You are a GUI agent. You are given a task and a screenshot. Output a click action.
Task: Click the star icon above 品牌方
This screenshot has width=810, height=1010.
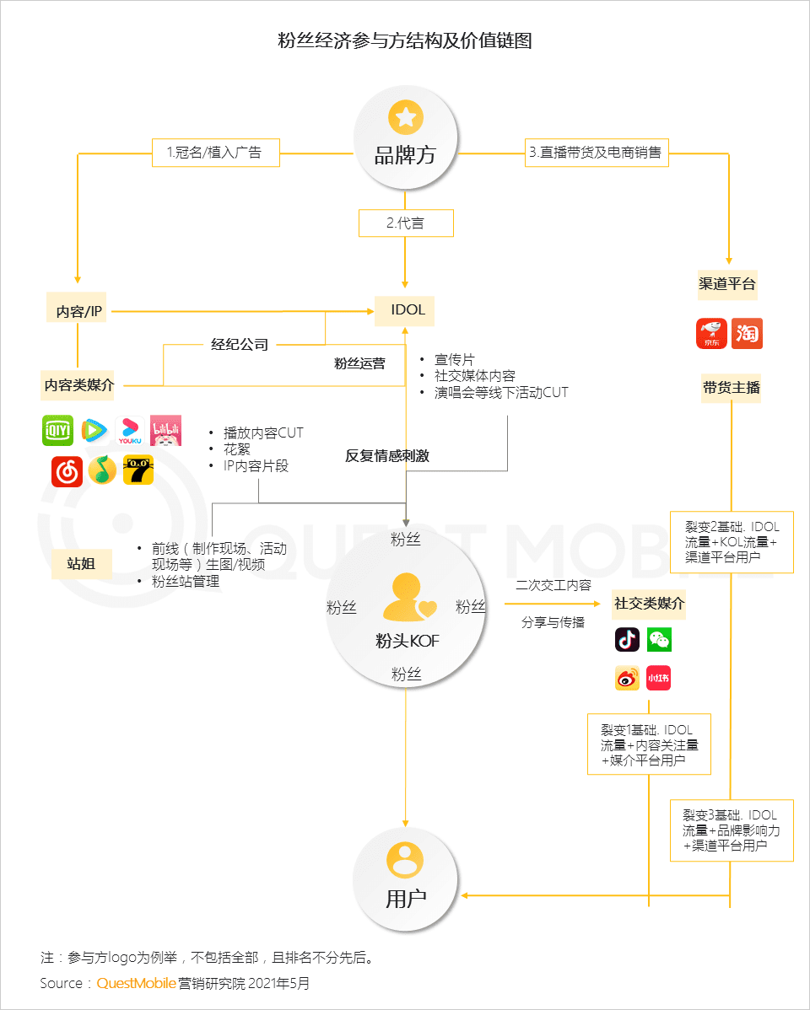405,117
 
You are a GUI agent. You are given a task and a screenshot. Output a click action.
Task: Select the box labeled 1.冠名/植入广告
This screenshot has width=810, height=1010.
214,153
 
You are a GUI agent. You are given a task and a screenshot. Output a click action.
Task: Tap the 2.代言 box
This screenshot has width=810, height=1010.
406,223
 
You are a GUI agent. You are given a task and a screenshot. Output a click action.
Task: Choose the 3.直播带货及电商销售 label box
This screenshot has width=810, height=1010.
597,153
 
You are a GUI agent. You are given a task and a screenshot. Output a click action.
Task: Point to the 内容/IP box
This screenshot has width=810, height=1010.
78,311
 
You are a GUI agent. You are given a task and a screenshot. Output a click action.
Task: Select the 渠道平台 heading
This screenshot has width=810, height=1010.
727,284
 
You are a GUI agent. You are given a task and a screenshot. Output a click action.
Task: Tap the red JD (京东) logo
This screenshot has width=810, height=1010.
711,334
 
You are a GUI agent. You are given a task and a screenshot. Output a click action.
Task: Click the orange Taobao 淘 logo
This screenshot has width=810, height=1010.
747,334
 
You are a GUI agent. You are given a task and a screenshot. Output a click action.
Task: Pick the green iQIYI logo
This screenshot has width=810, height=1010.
58,431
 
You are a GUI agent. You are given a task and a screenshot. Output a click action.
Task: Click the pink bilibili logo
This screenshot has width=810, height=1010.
165,431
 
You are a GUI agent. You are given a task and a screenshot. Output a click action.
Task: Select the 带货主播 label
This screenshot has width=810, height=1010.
732,388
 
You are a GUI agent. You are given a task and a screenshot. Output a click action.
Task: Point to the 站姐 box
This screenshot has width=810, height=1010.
81,564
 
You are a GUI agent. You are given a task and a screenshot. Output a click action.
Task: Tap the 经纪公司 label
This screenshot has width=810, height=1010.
240,344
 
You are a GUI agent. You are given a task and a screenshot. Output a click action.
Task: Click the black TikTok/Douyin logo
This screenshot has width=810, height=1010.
627,640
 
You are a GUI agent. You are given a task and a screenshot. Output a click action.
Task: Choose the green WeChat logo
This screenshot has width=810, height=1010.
659,640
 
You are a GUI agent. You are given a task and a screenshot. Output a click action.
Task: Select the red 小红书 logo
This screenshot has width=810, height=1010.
658,678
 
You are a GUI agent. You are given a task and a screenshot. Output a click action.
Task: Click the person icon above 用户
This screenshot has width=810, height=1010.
405,859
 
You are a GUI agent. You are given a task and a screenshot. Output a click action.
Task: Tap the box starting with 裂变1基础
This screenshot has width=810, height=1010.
649,744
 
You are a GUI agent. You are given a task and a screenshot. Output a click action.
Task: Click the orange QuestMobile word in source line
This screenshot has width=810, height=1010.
137,983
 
